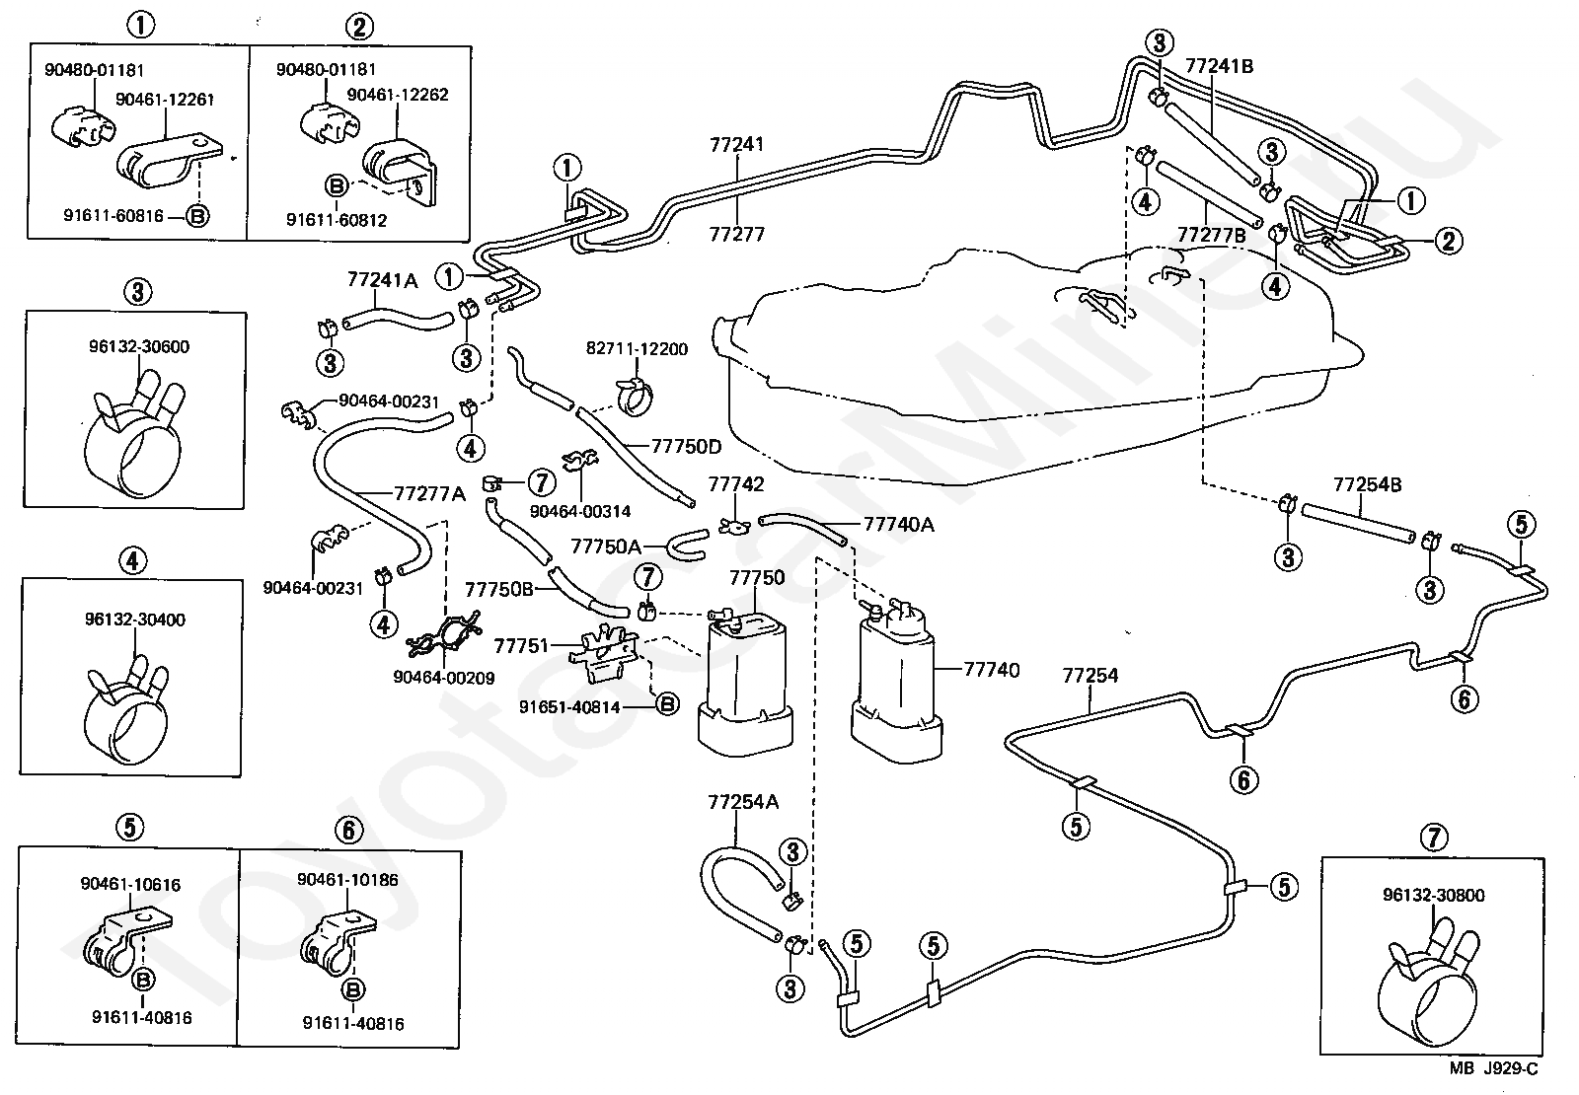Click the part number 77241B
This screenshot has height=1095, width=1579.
[x=1220, y=66]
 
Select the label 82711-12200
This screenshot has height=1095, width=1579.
[x=637, y=349]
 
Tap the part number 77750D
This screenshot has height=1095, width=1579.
[x=686, y=446]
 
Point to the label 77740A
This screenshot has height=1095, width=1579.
[x=899, y=524]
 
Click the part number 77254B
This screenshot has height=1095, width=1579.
[x=1368, y=484]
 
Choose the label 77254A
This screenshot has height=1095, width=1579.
[x=743, y=802]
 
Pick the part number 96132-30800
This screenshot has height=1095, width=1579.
[x=1434, y=895]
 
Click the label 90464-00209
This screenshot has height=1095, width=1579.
[x=443, y=678]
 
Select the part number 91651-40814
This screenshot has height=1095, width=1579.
[x=569, y=706]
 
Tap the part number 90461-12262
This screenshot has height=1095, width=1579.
[x=398, y=95]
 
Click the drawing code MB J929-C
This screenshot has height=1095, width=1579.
[x=1494, y=1068]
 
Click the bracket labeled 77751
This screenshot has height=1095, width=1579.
[x=603, y=652]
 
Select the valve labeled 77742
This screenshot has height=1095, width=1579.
[x=734, y=524]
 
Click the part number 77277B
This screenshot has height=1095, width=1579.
[x=1212, y=235]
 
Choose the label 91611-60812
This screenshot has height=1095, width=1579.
[x=337, y=221]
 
